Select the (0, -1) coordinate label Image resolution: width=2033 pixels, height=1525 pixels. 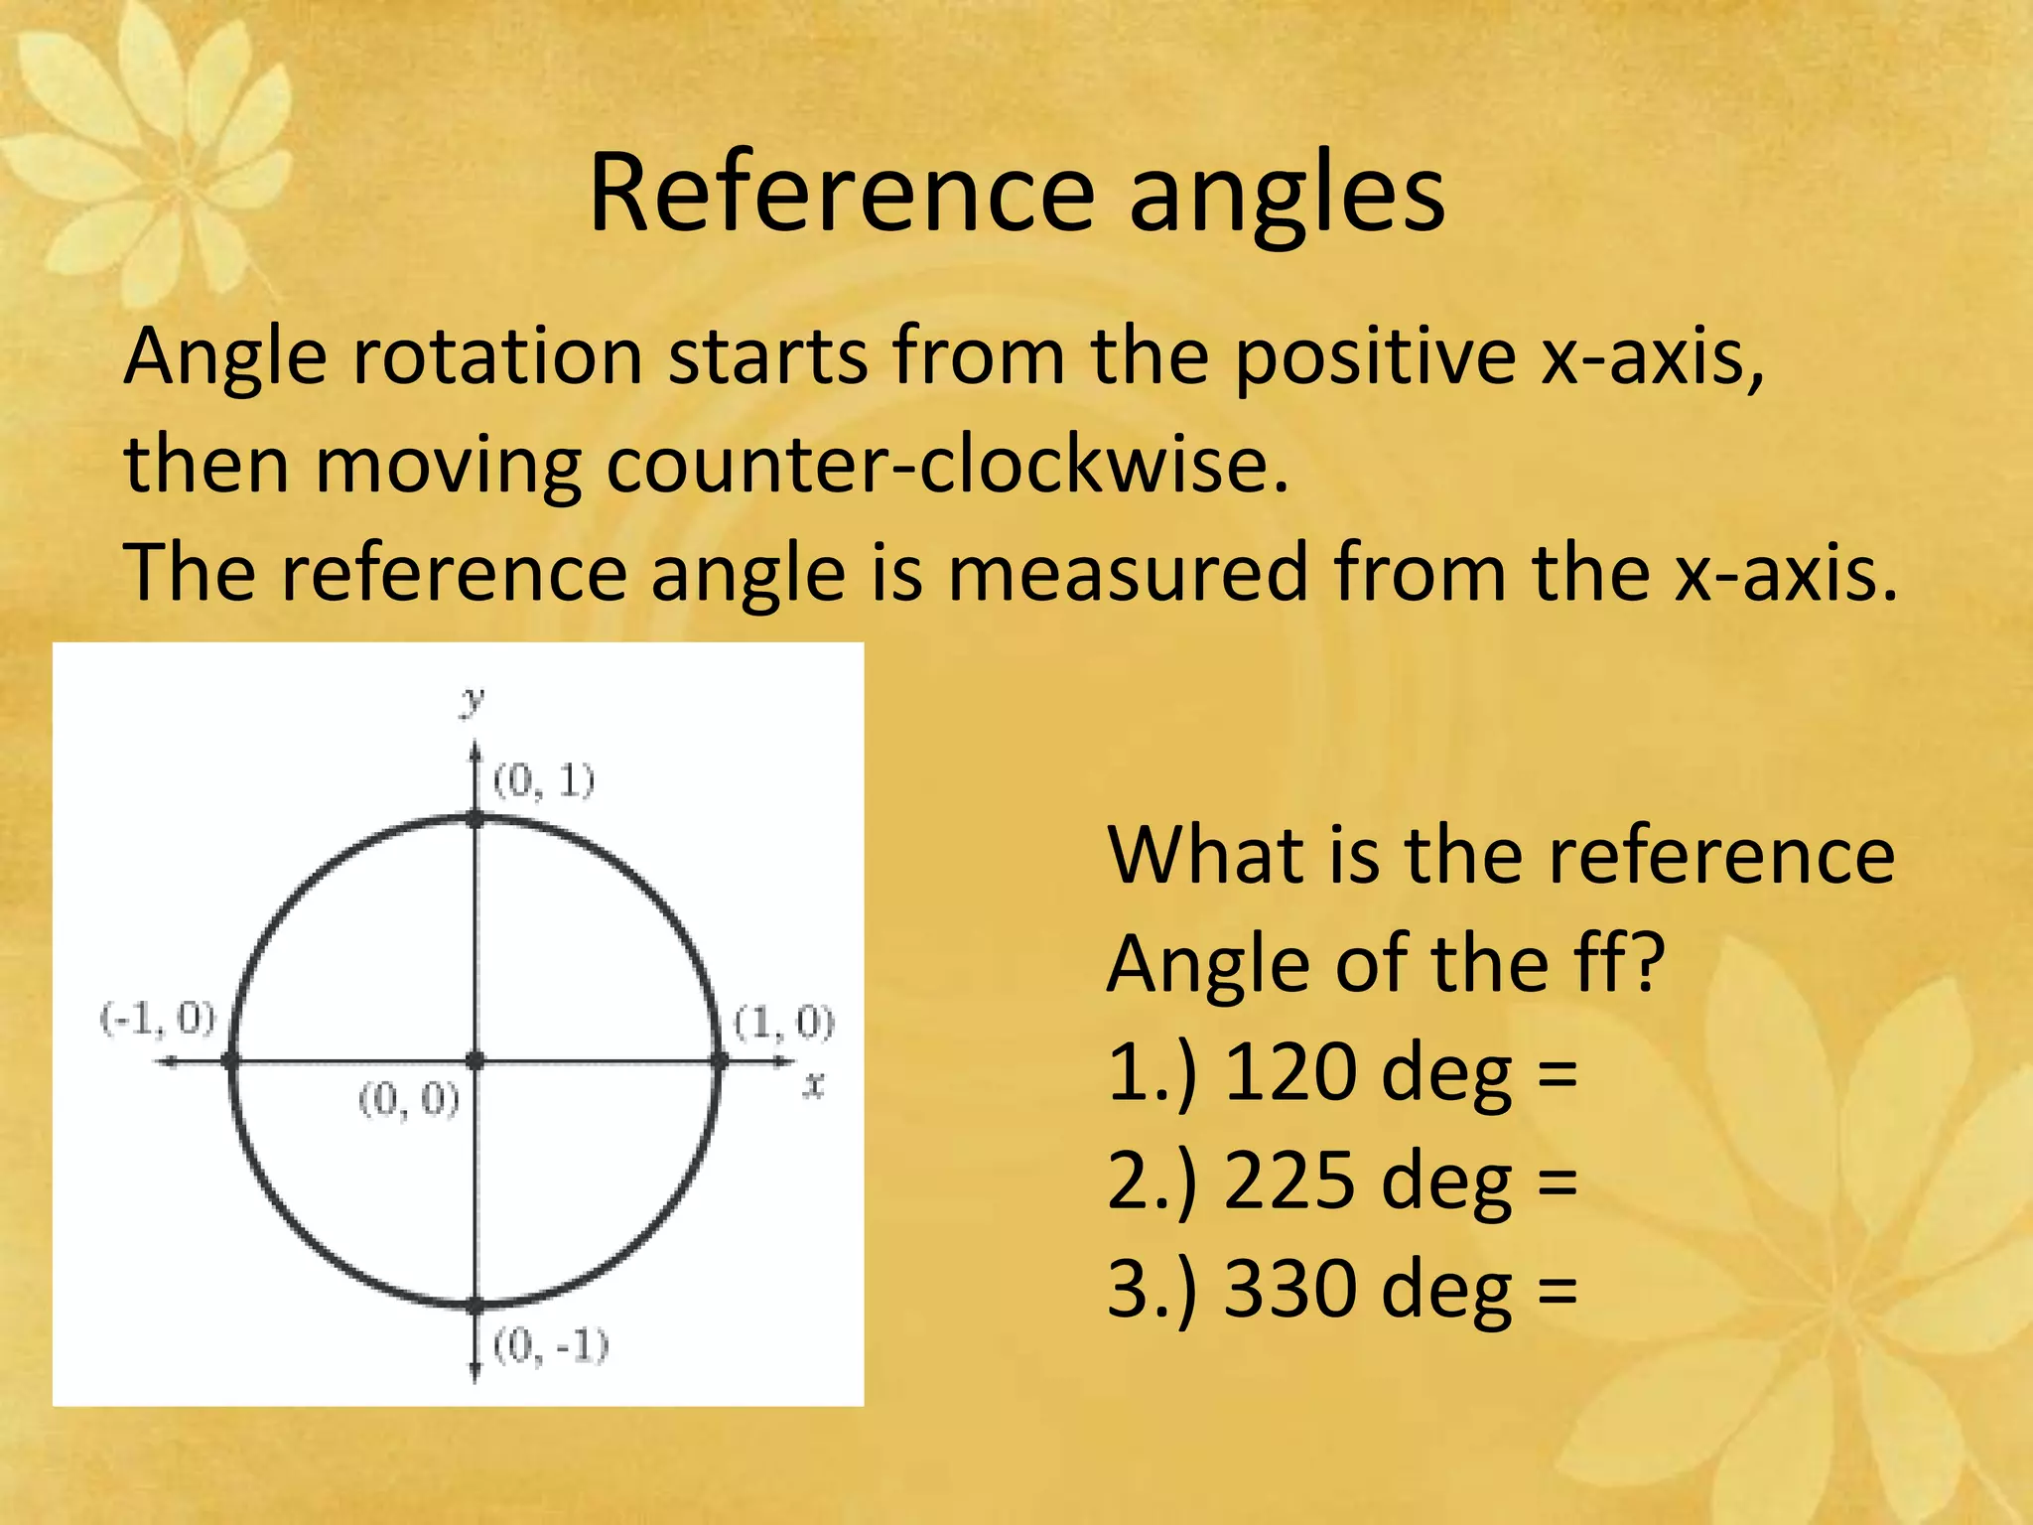(551, 1346)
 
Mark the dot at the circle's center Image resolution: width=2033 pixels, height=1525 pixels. (475, 1061)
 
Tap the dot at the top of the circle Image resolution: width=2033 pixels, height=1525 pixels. (475, 818)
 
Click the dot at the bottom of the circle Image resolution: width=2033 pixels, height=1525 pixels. (475, 1305)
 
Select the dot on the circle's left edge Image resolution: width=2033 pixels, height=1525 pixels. (231, 1061)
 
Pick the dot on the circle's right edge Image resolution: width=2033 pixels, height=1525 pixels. (720, 1061)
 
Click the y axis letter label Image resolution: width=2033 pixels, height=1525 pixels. (474, 701)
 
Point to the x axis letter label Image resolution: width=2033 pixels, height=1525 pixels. (814, 1085)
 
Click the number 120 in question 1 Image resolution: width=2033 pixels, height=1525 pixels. (1289, 1073)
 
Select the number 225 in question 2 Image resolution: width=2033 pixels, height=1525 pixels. (1289, 1181)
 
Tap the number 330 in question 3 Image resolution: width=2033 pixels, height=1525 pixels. (1289, 1290)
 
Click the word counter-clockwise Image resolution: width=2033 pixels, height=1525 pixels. (947, 465)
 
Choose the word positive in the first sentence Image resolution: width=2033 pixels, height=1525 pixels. (1374, 357)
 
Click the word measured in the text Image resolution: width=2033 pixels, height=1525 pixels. (1128, 574)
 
